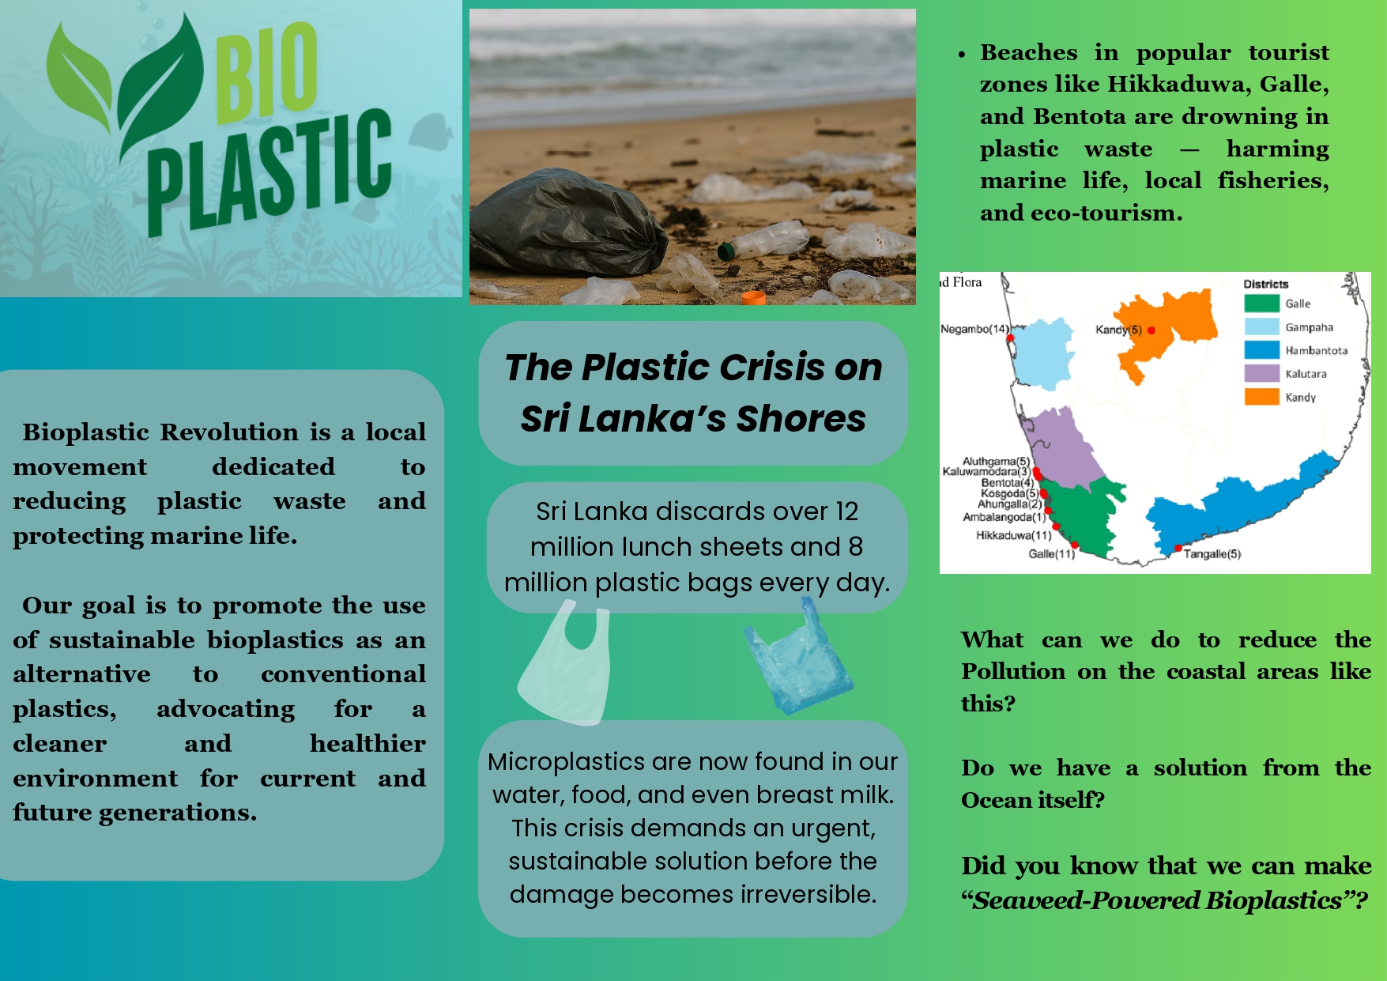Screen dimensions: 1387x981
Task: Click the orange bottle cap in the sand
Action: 754,298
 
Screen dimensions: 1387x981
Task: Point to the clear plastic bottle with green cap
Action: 763,240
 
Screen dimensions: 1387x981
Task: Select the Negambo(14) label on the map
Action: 974,329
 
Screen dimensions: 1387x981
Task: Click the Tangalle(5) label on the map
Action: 1212,554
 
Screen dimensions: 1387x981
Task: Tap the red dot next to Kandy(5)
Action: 1151,330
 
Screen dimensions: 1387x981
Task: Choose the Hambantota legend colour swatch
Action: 1261,350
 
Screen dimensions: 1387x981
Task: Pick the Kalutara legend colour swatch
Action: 1261,373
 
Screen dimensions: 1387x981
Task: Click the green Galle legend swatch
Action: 1261,304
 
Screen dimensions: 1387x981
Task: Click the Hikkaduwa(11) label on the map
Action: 1014,535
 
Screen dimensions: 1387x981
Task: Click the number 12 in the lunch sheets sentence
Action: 847,511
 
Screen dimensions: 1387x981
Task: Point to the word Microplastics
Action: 567,761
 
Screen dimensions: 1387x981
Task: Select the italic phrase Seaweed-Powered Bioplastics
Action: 1157,900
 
